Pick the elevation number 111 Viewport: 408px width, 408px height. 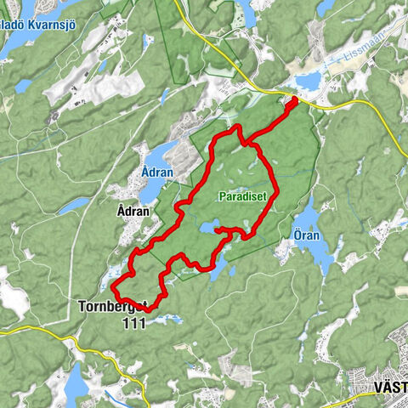(x=133, y=322)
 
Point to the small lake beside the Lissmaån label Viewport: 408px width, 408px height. (x=307, y=82)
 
